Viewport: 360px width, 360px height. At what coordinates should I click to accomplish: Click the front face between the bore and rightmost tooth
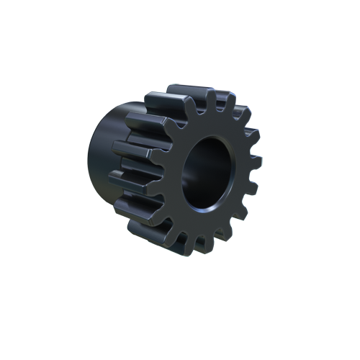click(239, 173)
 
